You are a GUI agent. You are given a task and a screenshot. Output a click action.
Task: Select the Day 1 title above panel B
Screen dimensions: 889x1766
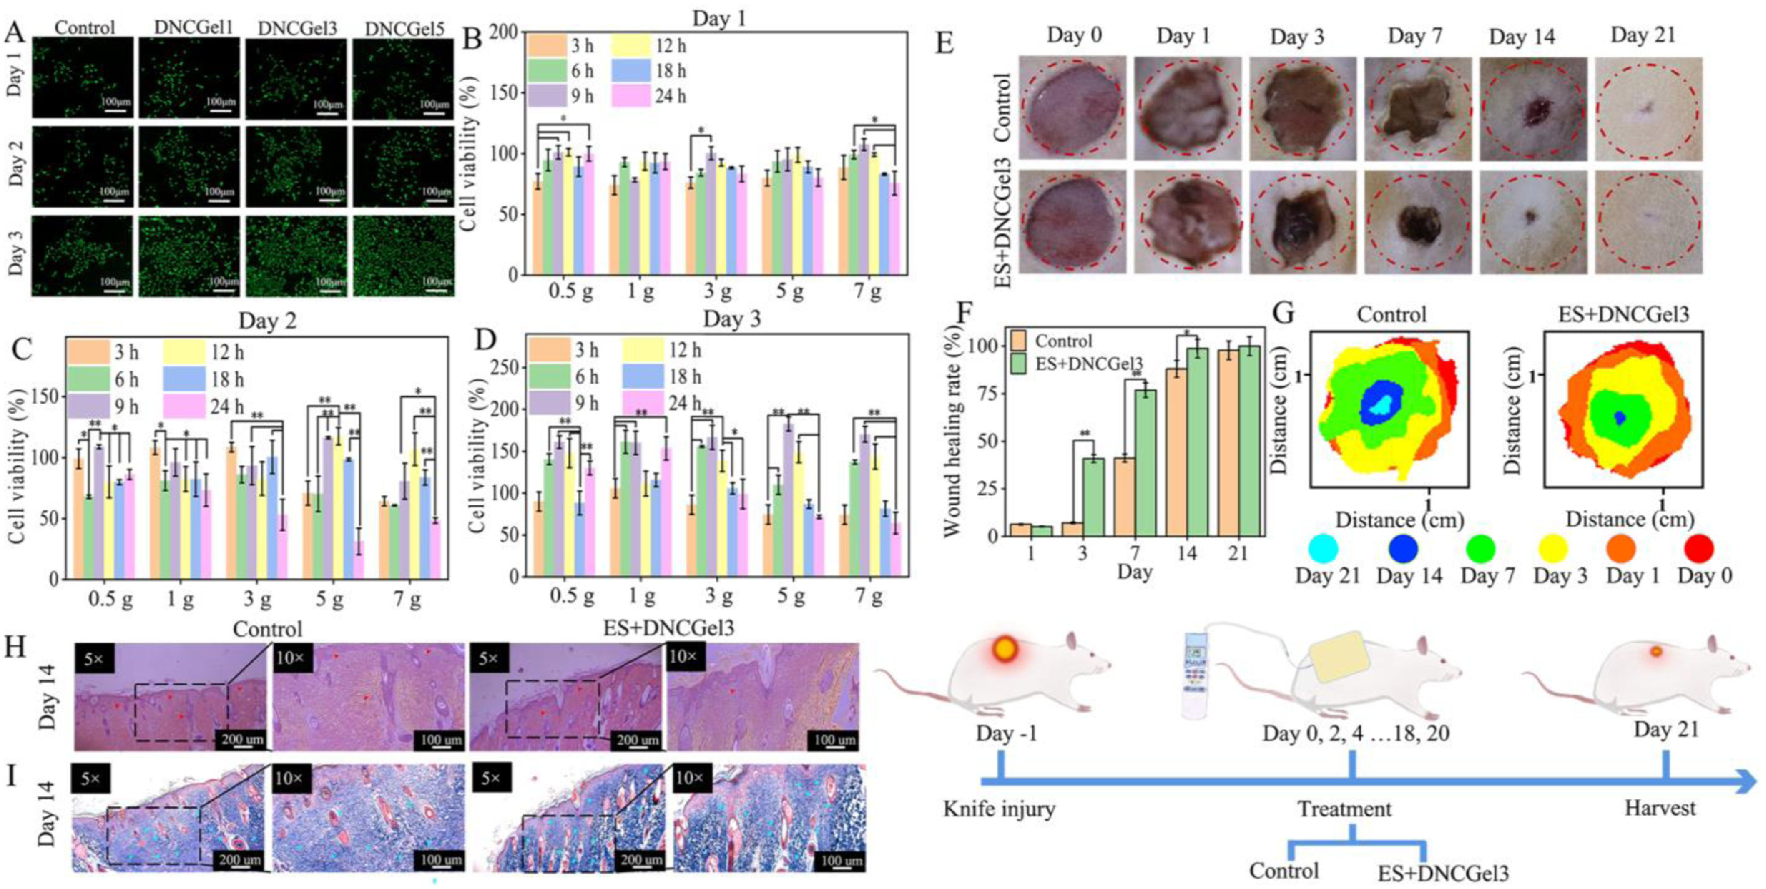click(718, 18)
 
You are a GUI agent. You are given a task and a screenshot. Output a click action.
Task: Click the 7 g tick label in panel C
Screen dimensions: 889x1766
click(407, 600)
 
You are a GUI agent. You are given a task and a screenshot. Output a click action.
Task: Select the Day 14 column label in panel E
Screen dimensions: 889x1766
click(1521, 37)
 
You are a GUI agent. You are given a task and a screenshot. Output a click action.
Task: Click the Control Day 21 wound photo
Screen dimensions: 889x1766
click(1647, 110)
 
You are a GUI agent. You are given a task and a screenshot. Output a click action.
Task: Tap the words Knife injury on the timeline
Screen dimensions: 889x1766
click(999, 809)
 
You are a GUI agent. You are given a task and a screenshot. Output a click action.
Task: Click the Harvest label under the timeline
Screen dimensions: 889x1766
click(1660, 807)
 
